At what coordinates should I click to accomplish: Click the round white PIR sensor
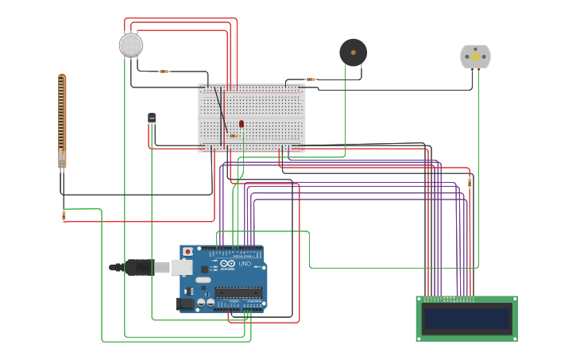coord(131,45)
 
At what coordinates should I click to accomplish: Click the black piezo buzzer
coord(353,52)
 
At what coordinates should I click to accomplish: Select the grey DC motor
coord(475,56)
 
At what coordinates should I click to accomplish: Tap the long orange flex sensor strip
coord(62,119)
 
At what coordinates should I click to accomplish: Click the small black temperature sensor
coord(152,118)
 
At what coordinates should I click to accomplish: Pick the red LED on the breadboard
coord(242,124)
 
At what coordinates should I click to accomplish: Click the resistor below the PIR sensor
coord(164,72)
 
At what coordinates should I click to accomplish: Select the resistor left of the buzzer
coord(311,79)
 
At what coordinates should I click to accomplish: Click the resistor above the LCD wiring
coord(469,182)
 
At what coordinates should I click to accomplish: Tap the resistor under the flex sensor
coord(64,215)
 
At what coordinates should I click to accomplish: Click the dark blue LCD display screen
coord(466,319)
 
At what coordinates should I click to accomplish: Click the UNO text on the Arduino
coord(245,264)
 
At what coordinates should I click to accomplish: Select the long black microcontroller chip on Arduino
coord(238,292)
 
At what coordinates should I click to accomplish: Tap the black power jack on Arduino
coord(184,303)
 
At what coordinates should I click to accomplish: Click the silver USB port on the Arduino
coord(181,268)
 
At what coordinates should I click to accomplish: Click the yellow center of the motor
coord(476,56)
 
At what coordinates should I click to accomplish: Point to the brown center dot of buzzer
coord(354,52)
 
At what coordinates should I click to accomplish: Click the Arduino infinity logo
coord(227,264)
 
